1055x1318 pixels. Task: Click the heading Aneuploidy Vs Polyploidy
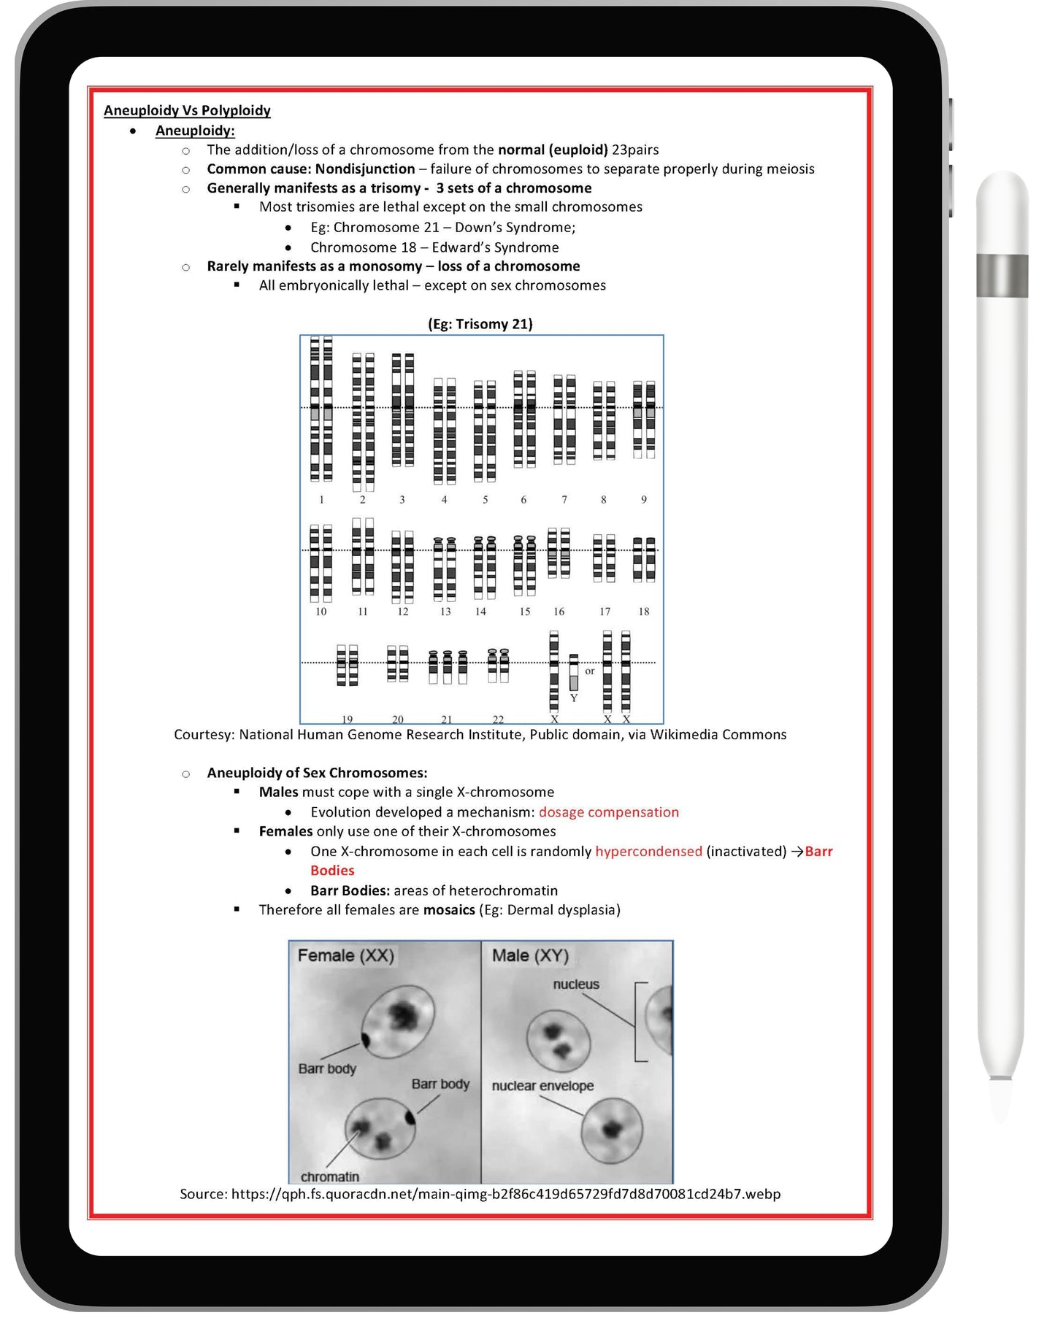(187, 110)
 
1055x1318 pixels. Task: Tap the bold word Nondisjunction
(365, 169)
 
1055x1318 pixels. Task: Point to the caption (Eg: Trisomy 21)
(480, 324)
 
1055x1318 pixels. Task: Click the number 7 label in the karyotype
(564, 500)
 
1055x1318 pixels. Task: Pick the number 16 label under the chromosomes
(559, 612)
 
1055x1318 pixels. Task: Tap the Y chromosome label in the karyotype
(574, 698)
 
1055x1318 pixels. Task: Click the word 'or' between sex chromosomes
(590, 671)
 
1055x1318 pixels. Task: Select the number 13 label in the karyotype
(445, 612)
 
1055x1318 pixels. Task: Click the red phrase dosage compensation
(608, 812)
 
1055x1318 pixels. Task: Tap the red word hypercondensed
(648, 852)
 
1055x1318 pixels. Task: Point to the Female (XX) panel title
(345, 956)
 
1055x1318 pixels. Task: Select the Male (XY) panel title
(530, 956)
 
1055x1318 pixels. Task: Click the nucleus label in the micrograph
(576, 984)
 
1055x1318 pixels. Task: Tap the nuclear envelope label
(542, 1086)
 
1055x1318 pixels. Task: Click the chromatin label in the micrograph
(330, 1177)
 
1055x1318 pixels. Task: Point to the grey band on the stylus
(1002, 276)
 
